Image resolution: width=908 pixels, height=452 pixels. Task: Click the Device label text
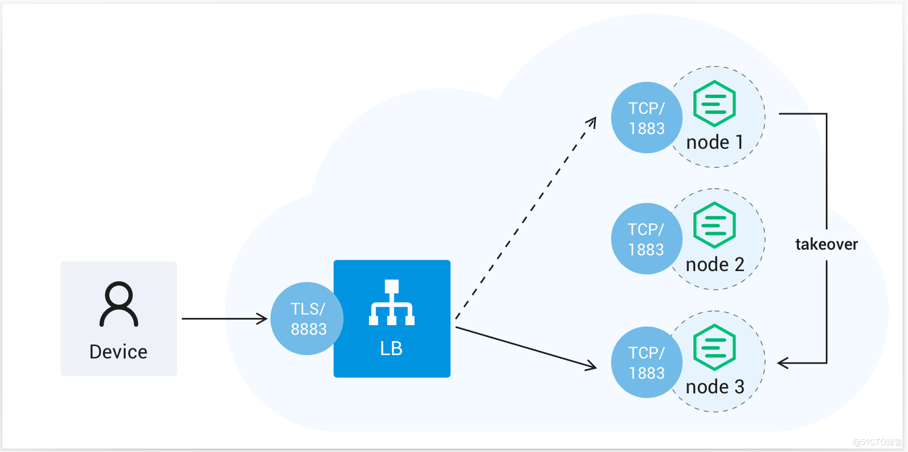tap(118, 352)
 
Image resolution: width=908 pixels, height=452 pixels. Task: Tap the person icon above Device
tap(119, 304)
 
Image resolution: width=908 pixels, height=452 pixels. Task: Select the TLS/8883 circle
tap(307, 318)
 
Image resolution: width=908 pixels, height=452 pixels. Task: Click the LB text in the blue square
tap(391, 348)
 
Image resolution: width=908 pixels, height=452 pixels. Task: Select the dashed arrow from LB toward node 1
tap(526, 219)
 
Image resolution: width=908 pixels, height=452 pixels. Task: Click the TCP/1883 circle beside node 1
tap(646, 118)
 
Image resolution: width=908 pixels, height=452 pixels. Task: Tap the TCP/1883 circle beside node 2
tap(646, 239)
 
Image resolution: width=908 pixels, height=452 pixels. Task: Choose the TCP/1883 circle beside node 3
tap(646, 362)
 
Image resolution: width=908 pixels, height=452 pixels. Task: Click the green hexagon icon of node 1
tap(714, 104)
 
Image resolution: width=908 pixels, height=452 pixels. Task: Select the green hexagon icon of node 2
tap(714, 225)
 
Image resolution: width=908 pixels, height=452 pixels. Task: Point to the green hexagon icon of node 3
tap(714, 347)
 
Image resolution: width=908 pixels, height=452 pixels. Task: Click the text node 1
tap(714, 142)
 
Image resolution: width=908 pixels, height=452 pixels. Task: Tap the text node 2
tap(714, 264)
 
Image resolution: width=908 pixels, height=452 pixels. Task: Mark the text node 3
tap(714, 387)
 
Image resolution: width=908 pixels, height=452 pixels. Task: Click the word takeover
tap(826, 244)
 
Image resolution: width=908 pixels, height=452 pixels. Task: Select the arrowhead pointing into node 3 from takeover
tap(782, 363)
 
